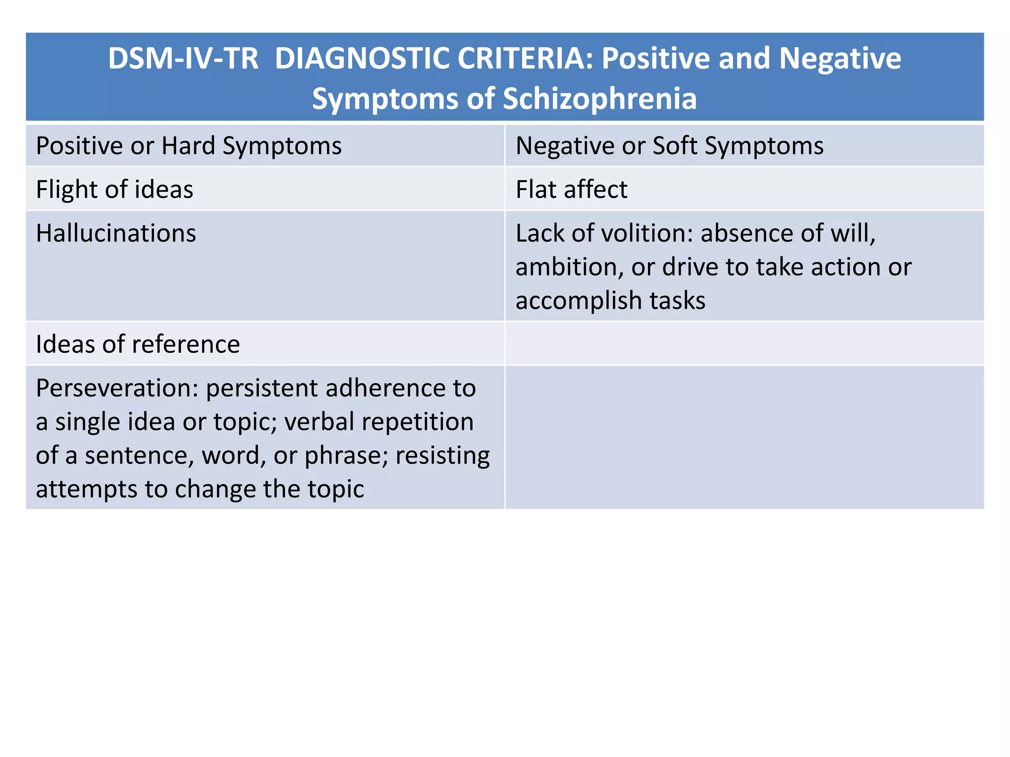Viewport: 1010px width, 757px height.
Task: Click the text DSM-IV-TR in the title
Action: click(183, 59)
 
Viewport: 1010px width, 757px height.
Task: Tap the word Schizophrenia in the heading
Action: click(600, 99)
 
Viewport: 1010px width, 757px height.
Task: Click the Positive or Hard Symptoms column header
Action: click(188, 146)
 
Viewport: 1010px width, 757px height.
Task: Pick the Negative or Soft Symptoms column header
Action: click(669, 146)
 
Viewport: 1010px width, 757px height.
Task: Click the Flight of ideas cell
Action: click(114, 189)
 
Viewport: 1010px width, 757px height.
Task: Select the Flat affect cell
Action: click(571, 189)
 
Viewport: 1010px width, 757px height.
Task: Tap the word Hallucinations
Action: click(116, 233)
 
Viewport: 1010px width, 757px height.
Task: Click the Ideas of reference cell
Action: click(138, 344)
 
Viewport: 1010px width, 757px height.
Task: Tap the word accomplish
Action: click(578, 301)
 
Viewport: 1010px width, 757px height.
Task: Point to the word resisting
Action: click(442, 456)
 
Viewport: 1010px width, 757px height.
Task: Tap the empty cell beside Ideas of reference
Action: click(744, 344)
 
